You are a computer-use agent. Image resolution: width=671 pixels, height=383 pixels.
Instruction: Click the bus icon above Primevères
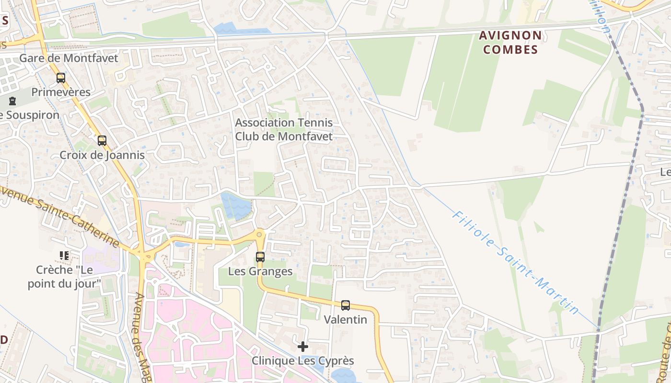coord(61,78)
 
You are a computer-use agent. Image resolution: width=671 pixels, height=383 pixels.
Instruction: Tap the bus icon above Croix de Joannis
coord(102,141)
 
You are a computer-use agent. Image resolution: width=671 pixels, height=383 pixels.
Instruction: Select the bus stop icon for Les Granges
coord(260,257)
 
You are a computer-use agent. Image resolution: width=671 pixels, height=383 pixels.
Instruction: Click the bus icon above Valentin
coord(346,305)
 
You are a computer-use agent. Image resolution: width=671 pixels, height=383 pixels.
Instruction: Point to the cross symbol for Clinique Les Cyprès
coord(303,346)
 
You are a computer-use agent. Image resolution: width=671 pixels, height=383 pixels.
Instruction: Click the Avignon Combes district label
coord(510,42)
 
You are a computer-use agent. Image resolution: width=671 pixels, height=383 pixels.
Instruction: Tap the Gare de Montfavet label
coord(69,58)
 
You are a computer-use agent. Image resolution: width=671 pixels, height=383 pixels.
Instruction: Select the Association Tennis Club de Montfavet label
coord(284,129)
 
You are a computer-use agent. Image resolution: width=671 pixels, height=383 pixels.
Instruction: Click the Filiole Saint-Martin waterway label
coord(515,262)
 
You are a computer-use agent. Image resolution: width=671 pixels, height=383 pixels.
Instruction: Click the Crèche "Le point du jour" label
coord(64,277)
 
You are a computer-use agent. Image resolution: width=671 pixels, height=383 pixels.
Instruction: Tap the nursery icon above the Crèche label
coord(64,256)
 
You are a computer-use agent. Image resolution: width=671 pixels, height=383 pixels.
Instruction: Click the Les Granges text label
coord(260,271)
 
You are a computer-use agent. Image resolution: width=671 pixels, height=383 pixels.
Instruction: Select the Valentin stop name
coord(346,319)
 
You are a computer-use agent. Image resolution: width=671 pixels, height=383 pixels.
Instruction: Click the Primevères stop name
coord(61,92)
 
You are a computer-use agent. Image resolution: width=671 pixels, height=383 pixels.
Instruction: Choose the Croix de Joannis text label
coord(102,155)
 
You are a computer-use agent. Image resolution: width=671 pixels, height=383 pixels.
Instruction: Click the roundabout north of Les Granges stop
coord(260,235)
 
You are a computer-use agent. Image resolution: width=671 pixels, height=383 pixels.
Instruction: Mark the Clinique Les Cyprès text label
coord(303,360)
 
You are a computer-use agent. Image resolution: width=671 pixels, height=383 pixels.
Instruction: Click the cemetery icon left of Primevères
coord(12,101)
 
